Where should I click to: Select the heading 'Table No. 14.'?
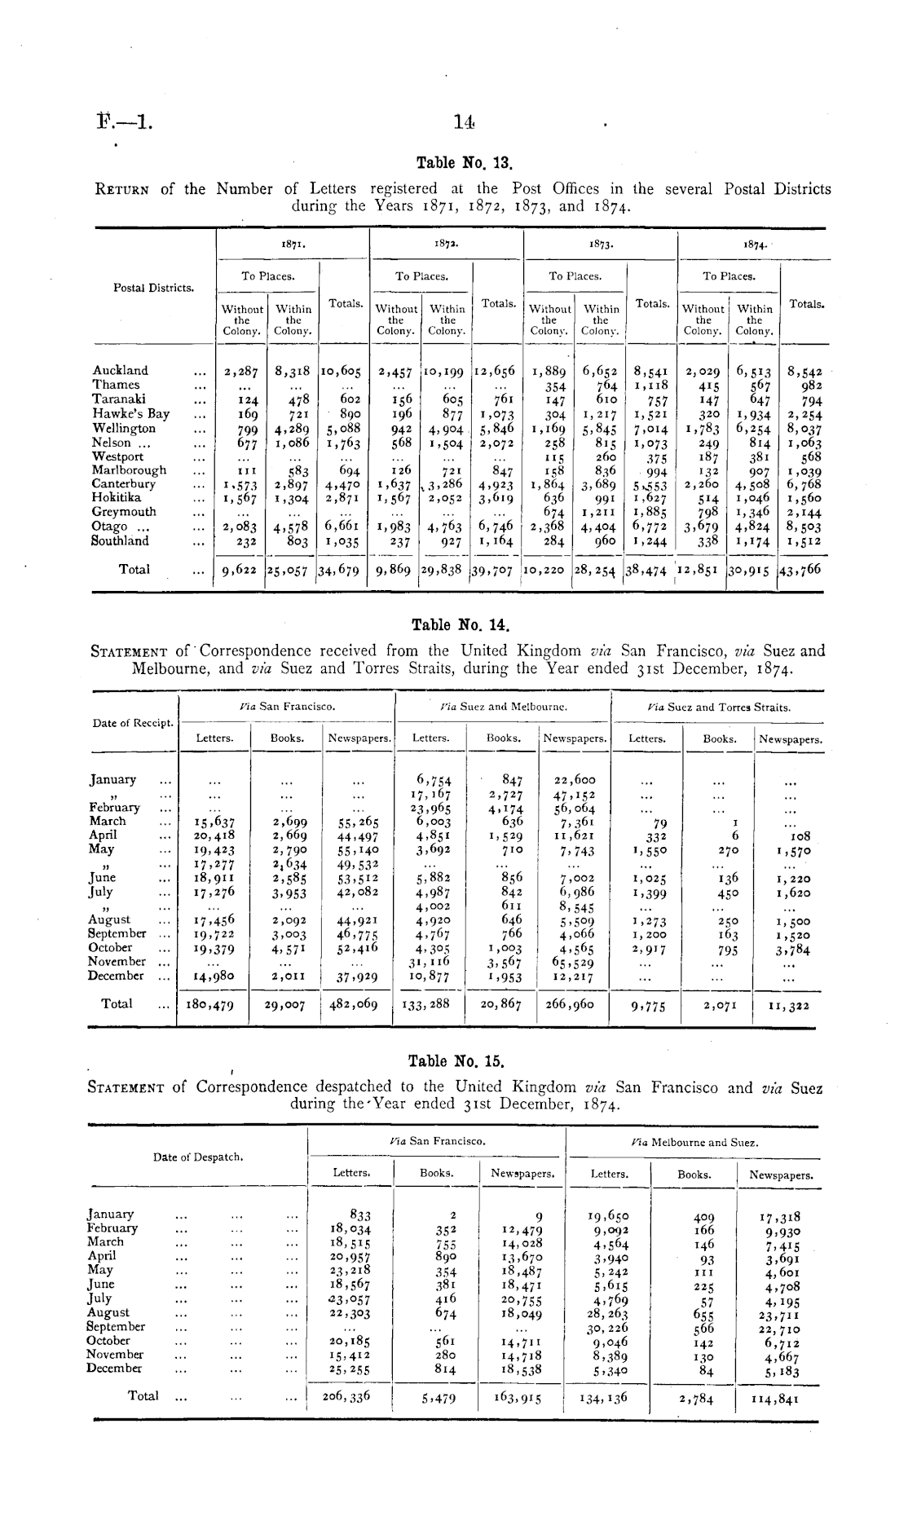(461, 626)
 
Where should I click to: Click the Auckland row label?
(121, 371)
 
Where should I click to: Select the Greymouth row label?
(122, 512)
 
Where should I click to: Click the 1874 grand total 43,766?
(803, 569)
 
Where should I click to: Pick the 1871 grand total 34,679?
(342, 571)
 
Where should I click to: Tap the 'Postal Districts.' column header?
(154, 288)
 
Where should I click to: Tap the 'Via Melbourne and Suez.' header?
(695, 1143)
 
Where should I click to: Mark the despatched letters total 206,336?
(347, 1396)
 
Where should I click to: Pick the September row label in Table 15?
(117, 1326)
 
